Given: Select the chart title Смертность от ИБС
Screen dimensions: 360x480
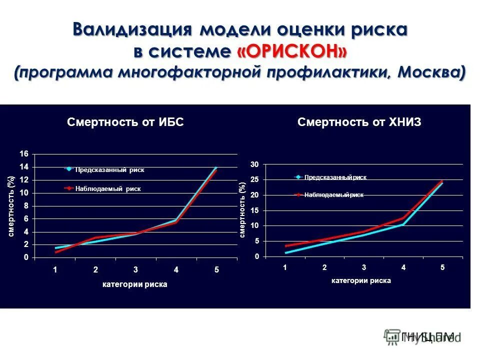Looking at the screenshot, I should [x=125, y=122].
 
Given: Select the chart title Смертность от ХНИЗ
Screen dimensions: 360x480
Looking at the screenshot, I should [x=359, y=122].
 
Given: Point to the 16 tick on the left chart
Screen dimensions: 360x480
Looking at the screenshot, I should [x=24, y=153].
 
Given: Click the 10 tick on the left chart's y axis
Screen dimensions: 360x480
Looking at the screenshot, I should [x=24, y=192].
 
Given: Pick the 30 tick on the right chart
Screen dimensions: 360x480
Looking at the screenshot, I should [x=254, y=164].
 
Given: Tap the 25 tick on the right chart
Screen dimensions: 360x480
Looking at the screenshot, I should [x=254, y=179].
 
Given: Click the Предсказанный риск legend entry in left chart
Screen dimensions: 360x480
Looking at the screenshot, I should [x=109, y=170].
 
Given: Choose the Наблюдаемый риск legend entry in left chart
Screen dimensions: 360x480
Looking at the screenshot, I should [x=108, y=189].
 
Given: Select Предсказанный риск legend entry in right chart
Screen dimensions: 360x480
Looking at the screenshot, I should [x=335, y=177].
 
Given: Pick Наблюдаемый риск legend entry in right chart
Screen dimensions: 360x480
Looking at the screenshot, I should [x=333, y=195].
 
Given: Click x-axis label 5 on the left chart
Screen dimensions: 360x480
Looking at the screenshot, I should [x=217, y=270].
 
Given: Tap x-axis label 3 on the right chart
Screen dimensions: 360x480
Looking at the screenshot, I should [x=364, y=267].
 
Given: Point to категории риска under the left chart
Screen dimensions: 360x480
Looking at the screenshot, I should [x=134, y=284].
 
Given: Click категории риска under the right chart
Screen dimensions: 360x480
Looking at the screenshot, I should [x=360, y=280].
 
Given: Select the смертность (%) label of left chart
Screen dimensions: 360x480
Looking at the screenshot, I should [x=11, y=206].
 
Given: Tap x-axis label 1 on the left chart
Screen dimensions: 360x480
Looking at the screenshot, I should [x=55, y=270].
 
